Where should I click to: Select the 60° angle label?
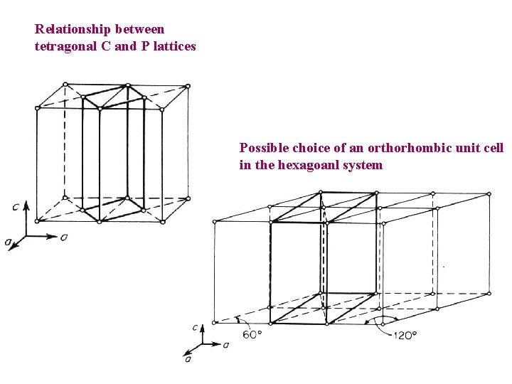(251, 333)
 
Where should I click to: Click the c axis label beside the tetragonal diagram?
(16, 207)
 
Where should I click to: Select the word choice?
(310, 148)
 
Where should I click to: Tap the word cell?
(492, 148)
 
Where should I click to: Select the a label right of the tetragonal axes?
(64, 237)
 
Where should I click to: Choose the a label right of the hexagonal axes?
(226, 345)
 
